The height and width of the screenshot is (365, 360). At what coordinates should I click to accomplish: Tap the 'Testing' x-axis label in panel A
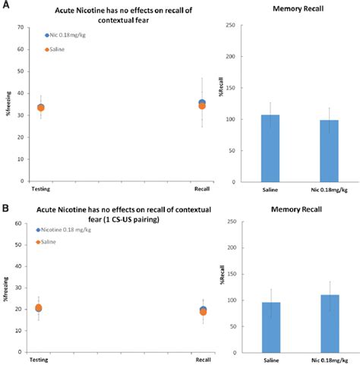point(40,187)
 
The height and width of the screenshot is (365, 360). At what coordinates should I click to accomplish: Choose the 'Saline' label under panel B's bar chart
point(271,360)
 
